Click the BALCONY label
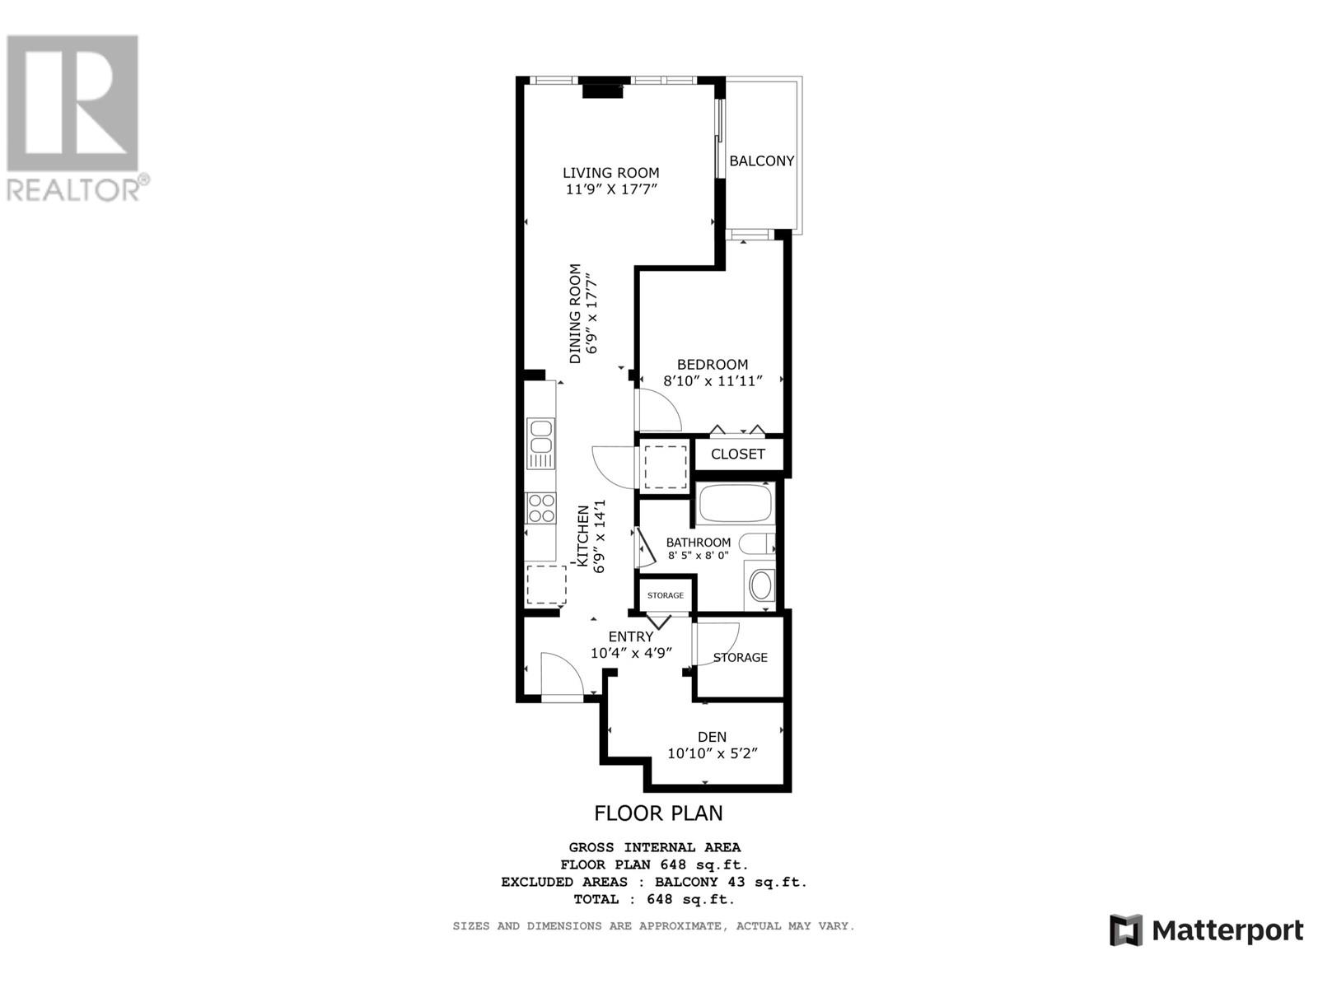[x=761, y=161]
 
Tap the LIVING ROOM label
[x=610, y=173]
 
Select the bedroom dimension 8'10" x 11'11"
[x=713, y=381]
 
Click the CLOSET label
[x=737, y=454]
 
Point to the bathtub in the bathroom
[x=735, y=503]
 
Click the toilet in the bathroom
[x=756, y=543]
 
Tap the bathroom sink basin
[x=760, y=586]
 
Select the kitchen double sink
[x=540, y=438]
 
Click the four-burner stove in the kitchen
[x=541, y=508]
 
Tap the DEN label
[x=712, y=737]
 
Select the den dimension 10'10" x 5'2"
[x=712, y=753]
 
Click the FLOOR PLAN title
[x=658, y=813]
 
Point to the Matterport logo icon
[x=1125, y=930]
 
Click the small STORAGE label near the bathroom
[x=666, y=595]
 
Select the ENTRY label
[x=631, y=636]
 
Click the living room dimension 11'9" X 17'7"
[x=610, y=189]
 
